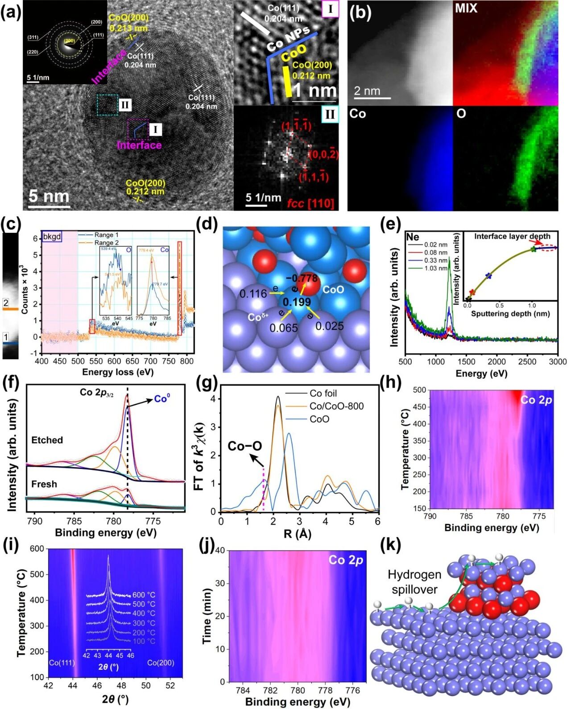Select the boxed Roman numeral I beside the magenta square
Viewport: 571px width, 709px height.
click(x=155, y=130)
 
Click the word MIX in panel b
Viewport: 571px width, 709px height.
click(x=466, y=8)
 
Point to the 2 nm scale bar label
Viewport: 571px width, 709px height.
click(x=367, y=91)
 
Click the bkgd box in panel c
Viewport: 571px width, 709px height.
click(x=52, y=236)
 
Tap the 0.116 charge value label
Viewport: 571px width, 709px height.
click(x=253, y=294)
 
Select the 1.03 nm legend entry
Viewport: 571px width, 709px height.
click(x=436, y=268)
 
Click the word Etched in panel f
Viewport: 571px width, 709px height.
click(x=47, y=440)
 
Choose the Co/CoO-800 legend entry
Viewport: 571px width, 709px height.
click(x=336, y=406)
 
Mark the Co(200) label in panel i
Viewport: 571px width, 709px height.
click(x=161, y=663)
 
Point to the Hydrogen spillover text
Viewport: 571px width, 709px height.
click(x=414, y=582)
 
